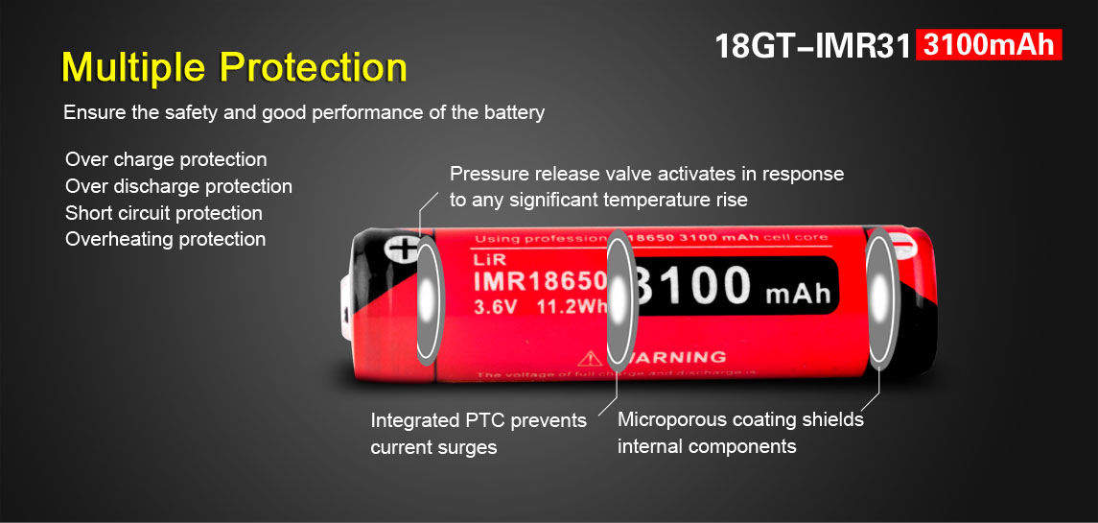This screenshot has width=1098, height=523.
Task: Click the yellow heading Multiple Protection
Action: [x=234, y=68]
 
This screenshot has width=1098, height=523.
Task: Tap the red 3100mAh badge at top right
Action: [x=989, y=45]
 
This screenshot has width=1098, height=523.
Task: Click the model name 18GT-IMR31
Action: [x=811, y=45]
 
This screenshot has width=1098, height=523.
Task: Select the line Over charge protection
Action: [x=166, y=159]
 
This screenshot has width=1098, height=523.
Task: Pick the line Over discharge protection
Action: [x=178, y=186]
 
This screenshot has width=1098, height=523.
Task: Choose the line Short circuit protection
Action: [x=163, y=213]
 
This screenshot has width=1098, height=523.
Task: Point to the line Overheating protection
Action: [x=165, y=239]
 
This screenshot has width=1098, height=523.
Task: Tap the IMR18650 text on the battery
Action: [x=539, y=281]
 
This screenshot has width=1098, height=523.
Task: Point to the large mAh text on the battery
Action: [x=798, y=292]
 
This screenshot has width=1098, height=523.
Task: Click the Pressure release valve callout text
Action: [x=646, y=187]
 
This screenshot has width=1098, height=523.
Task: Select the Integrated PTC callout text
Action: [x=478, y=434]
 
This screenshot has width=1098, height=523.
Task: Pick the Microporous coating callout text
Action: [x=739, y=433]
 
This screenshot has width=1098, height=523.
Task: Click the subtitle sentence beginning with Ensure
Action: [x=303, y=112]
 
